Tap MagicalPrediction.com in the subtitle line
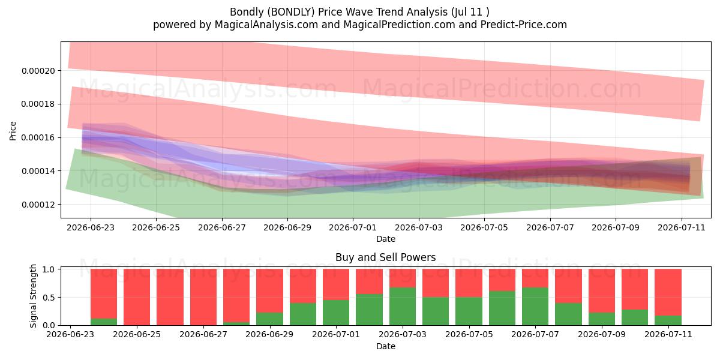pos(399,25)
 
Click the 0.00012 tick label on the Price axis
pos(38,205)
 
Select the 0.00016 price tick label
pos(38,137)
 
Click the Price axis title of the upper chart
pos(13,131)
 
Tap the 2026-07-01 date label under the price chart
pos(353,227)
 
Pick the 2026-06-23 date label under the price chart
pos(91,227)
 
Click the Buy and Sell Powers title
pos(386,257)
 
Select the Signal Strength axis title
pos(33,296)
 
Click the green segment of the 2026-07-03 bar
pos(403,307)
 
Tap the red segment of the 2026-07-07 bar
pos(535,278)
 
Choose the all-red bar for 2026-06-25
pos(137,297)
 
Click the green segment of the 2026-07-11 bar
pos(668,320)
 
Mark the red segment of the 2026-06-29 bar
pos(269,291)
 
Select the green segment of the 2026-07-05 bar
pos(469,311)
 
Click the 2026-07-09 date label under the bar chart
pos(602,335)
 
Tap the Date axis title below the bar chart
pos(386,347)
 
